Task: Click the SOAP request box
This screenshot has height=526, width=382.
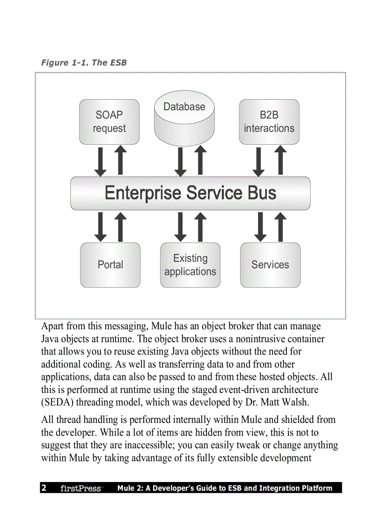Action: (109, 122)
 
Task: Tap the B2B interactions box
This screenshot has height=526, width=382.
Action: (269, 122)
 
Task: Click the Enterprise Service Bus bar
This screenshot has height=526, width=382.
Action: (190, 193)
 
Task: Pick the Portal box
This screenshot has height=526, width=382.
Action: (110, 265)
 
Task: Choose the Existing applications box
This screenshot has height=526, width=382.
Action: (190, 265)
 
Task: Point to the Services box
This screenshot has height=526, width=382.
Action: (270, 265)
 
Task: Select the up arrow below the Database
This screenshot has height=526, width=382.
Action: (200, 161)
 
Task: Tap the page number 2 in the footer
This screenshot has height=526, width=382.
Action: (44, 488)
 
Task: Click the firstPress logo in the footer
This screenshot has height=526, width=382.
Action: (81, 489)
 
